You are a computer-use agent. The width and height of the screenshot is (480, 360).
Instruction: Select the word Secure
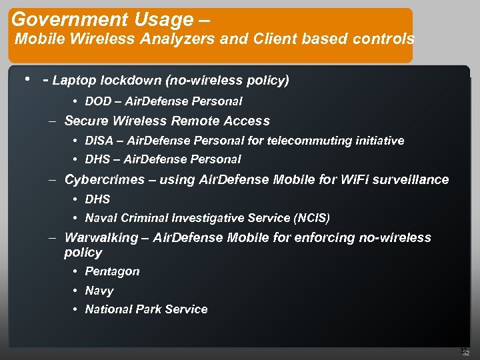point(86,121)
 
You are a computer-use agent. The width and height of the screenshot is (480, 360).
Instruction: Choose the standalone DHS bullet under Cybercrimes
point(97,199)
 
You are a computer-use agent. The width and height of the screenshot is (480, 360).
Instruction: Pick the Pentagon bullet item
point(112,271)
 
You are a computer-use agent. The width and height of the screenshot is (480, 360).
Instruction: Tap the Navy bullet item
point(99,291)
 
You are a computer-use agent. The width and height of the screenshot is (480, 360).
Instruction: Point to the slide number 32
point(466,353)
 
